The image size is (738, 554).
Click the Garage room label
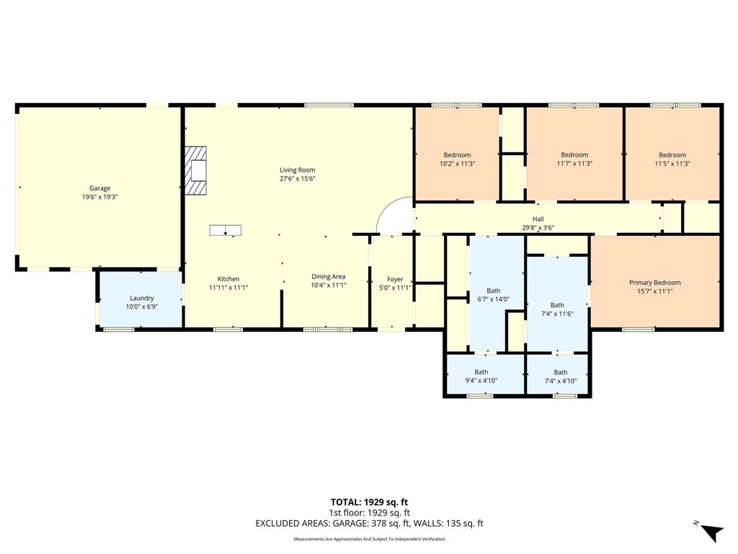click(x=99, y=188)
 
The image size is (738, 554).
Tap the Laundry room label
click(x=141, y=298)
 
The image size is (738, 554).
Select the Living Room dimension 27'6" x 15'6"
click(x=298, y=178)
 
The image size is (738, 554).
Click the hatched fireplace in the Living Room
click(x=195, y=171)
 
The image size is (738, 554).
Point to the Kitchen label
click(x=228, y=279)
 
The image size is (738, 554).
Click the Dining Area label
click(x=328, y=276)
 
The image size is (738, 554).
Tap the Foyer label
click(x=394, y=279)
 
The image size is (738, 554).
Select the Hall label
click(x=538, y=219)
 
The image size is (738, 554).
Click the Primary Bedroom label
click(x=654, y=283)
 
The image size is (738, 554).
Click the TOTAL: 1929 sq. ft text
click(x=369, y=502)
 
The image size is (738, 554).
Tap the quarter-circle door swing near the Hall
click(x=397, y=216)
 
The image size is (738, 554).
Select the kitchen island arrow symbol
click(x=226, y=230)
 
